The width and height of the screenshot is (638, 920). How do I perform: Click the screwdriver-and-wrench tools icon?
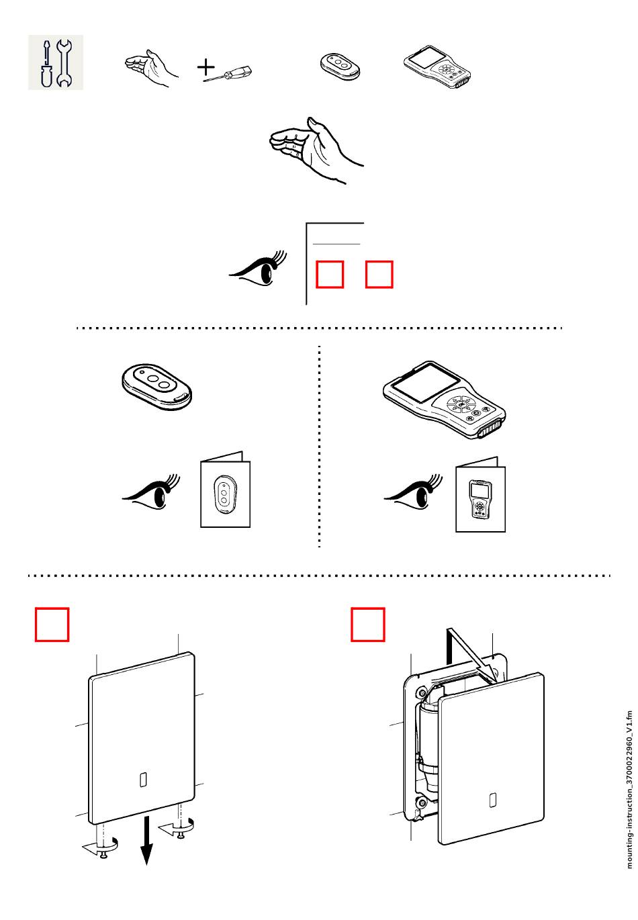(56, 62)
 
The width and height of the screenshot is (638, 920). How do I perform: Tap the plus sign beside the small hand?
(206, 67)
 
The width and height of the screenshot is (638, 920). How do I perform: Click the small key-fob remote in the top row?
(339, 66)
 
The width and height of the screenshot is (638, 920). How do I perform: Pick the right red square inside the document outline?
(379, 275)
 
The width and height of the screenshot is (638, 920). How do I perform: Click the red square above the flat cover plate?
(52, 625)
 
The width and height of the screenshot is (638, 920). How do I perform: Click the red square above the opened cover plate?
(369, 625)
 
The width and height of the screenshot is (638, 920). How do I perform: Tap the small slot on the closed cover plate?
(142, 780)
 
